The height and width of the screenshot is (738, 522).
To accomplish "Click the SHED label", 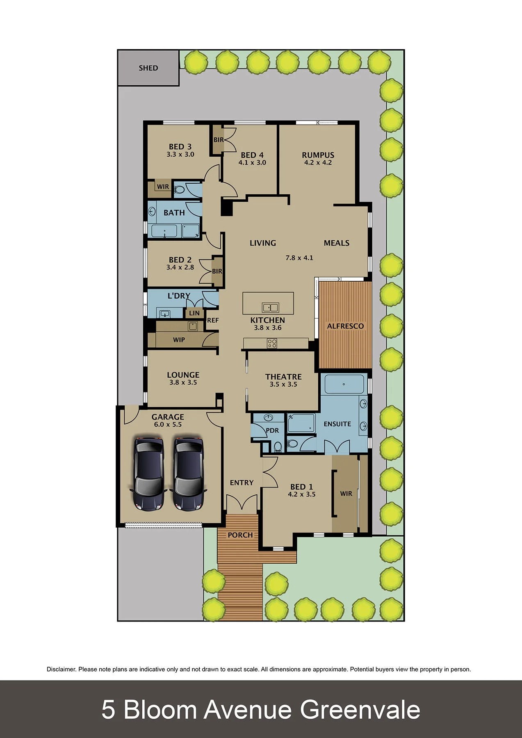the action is (148, 68).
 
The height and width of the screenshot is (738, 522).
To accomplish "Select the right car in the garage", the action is (188, 474).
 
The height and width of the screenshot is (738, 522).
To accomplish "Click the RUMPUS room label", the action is (318, 155).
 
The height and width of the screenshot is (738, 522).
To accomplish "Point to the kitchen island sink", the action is (270, 307).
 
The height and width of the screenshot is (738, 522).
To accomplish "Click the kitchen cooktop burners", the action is (272, 343).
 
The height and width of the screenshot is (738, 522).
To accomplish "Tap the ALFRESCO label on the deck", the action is (345, 326).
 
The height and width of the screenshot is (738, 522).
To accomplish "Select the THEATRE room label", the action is (283, 376).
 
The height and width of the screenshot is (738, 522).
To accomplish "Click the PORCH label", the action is (240, 535).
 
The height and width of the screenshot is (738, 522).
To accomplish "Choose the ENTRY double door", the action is (242, 504).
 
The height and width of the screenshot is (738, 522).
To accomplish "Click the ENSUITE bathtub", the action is (344, 384).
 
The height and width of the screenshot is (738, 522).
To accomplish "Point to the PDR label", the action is (272, 430).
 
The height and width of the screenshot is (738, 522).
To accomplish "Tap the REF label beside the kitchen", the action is (213, 320).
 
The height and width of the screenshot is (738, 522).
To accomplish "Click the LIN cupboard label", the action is (194, 313).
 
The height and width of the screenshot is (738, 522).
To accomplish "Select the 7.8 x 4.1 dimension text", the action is (299, 258).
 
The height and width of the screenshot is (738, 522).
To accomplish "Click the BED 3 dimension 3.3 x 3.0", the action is (180, 155).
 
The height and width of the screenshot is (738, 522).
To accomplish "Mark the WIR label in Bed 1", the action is (346, 494).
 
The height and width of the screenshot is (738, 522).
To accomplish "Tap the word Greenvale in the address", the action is (360, 710).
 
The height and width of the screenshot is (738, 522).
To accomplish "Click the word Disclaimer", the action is (61, 670).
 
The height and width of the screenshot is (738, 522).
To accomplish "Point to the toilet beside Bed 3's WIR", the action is (179, 190).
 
